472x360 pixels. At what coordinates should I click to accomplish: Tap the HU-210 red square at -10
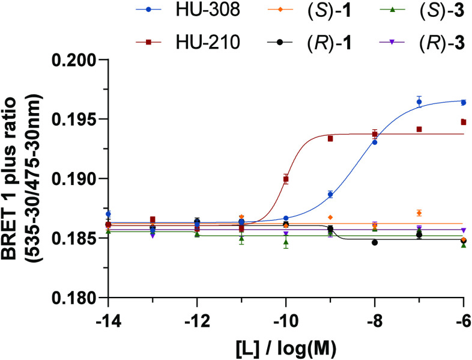tap(286, 179)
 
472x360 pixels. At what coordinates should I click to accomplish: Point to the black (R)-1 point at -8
tap(375, 243)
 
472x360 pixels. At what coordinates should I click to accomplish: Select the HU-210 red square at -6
tap(464, 122)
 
